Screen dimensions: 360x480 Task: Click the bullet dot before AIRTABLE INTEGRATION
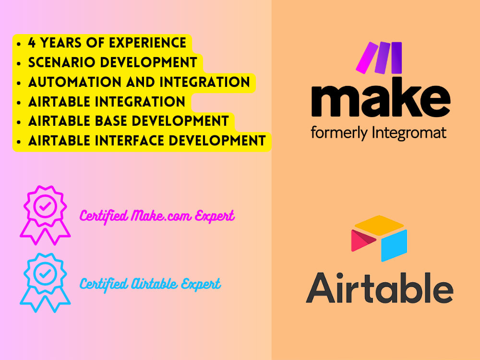tap(18, 102)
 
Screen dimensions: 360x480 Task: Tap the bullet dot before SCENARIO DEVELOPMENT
tap(18, 63)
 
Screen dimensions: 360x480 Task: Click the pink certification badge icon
tap(46, 214)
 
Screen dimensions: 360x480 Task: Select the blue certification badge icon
tap(46, 283)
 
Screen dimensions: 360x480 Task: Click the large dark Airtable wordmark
tap(379, 288)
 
